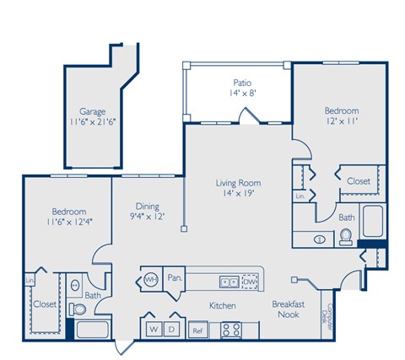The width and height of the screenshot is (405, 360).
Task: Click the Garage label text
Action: (x=92, y=110)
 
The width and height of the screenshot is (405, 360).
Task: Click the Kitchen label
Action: (x=223, y=305)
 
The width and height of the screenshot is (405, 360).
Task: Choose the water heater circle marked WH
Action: (x=152, y=277)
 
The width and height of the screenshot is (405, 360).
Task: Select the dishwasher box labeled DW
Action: (x=249, y=282)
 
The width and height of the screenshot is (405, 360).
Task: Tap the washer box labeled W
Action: (x=154, y=328)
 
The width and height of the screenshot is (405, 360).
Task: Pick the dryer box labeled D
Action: (x=173, y=328)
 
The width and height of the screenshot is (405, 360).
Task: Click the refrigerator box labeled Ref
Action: (x=198, y=329)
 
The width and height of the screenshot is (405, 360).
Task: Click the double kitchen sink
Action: (x=228, y=282)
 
